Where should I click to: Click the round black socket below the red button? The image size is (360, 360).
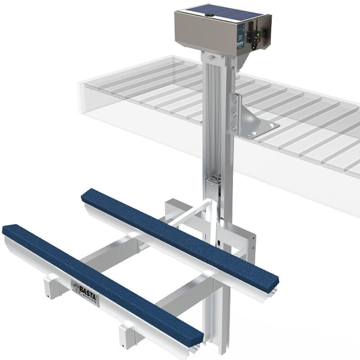(255, 45)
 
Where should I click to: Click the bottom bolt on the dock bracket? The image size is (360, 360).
(233, 129)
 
